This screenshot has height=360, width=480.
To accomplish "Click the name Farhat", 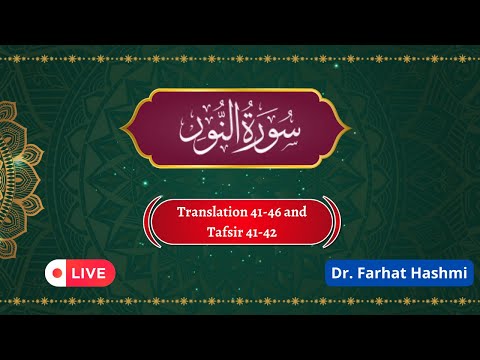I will pyautogui.click(x=379, y=272).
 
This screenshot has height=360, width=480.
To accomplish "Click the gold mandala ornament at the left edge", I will pyautogui.click(x=12, y=180).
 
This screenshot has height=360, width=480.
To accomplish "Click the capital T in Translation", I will pyautogui.click(x=181, y=213).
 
